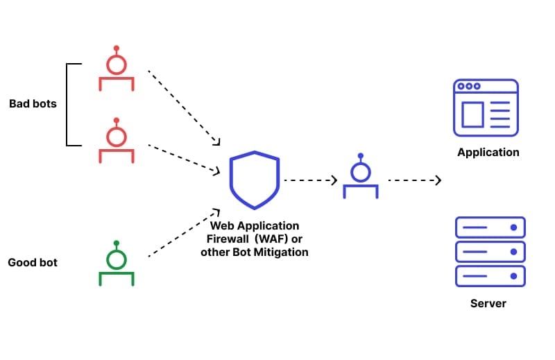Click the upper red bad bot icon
[x=116, y=69]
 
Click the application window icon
[x=486, y=108]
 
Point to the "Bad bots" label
[x=33, y=104]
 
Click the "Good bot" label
[x=33, y=263]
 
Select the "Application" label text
[x=488, y=153]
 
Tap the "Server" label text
[x=488, y=304]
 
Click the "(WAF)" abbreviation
[x=274, y=239]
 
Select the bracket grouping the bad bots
[x=68, y=104]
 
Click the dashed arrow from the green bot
[x=184, y=233]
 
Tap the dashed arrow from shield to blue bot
[x=310, y=180]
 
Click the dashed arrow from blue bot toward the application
[x=414, y=180]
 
